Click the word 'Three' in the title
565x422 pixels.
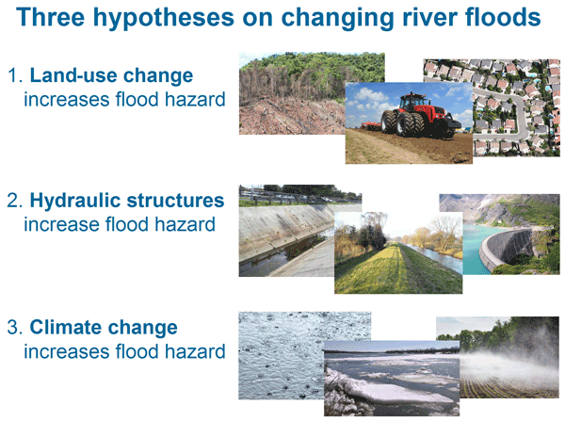[51, 17]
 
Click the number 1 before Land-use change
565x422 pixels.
[14, 75]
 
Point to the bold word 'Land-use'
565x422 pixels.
[73, 75]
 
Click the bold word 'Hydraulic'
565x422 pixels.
[74, 201]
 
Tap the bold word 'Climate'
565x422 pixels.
[66, 327]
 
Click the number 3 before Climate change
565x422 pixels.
[14, 328]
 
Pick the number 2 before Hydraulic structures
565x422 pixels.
[14, 201]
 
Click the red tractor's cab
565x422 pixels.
[413, 103]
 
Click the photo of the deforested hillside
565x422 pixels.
[292, 93]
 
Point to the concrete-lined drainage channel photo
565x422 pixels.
[286, 231]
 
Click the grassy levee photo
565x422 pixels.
[398, 253]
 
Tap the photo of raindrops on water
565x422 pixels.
[281, 355]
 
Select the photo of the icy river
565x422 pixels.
[392, 379]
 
